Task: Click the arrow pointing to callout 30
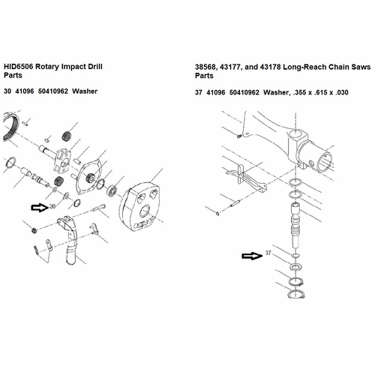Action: tap(40, 208)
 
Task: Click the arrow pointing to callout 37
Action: tap(252, 256)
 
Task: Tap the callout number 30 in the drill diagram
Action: tap(52, 206)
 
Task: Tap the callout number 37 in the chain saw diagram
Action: tap(268, 253)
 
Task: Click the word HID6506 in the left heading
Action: tap(19, 67)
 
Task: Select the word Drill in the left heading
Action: tap(95, 67)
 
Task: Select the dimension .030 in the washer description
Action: tap(341, 92)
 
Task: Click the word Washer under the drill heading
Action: tap(85, 91)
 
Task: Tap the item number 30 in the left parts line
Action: tap(7, 91)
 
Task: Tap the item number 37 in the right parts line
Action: tap(199, 92)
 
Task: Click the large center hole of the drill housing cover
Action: tap(145, 211)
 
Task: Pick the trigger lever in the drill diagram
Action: tap(69, 238)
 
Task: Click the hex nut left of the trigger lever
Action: tap(34, 229)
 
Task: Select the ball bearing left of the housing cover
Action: tap(112, 190)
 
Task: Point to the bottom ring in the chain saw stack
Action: tap(296, 294)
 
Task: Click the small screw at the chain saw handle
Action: tap(239, 136)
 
